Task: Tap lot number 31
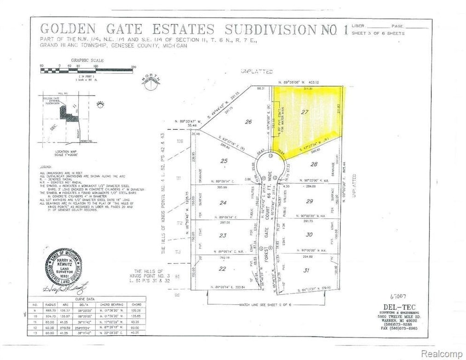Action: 307,270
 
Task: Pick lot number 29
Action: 311,202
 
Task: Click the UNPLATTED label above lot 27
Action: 247,72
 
